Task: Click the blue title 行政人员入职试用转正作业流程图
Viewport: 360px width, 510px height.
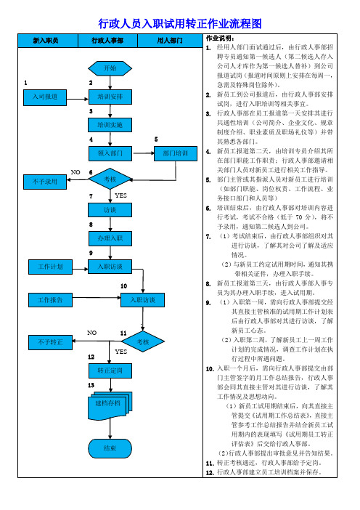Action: pyautogui.click(x=180, y=24)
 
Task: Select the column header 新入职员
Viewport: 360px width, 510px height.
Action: pyautogui.click(x=46, y=41)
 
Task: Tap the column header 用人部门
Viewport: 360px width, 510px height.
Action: pyautogui.click(x=170, y=41)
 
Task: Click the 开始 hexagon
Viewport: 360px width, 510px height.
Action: pyautogui.click(x=110, y=68)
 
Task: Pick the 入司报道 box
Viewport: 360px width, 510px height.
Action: pyautogui.click(x=45, y=97)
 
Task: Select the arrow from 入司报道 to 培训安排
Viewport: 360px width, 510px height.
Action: pyautogui.click(x=78, y=99)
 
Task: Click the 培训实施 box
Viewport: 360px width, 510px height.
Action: pyautogui.click(x=110, y=125)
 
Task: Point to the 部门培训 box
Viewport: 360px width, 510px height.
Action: pyautogui.click(x=176, y=153)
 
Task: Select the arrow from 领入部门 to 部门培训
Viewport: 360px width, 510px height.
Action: pyautogui.click(x=143, y=153)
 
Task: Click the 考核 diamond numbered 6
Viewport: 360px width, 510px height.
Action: pyautogui.click(x=110, y=179)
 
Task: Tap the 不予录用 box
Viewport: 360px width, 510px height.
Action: pyautogui.click(x=45, y=182)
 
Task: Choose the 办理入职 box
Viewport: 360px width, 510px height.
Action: pyautogui.click(x=110, y=238)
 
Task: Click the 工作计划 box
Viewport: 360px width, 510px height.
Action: pyautogui.click(x=50, y=267)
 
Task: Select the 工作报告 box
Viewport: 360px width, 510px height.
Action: pyautogui.click(x=50, y=300)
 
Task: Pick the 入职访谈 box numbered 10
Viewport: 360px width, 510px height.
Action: pyautogui.click(x=143, y=300)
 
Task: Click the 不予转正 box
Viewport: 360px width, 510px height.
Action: pyautogui.click(x=50, y=342)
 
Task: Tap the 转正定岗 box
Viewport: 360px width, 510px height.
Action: pyautogui.click(x=110, y=371)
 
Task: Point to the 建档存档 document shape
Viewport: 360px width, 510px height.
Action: pyautogui.click(x=110, y=405)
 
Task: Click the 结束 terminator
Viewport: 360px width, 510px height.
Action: pyautogui.click(x=110, y=448)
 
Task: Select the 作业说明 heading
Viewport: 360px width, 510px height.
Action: pyautogui.click(x=220, y=39)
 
